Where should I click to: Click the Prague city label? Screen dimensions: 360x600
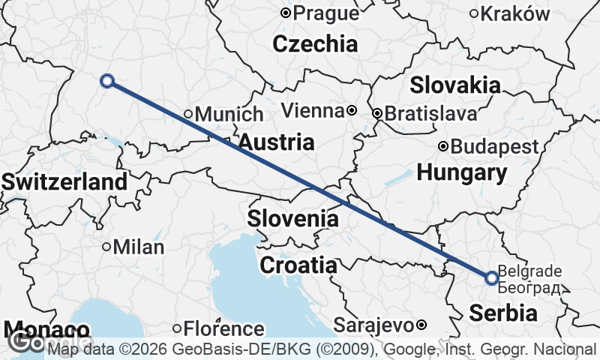pyautogui.click(x=325, y=13)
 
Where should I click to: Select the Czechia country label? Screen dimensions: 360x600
pyautogui.click(x=315, y=43)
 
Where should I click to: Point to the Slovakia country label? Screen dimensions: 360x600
pyautogui.click(x=455, y=85)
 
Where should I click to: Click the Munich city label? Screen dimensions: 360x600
pyautogui.click(x=229, y=115)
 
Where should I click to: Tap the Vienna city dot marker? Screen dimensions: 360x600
pyautogui.click(x=352, y=111)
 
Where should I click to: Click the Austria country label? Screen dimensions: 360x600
pyautogui.click(x=276, y=142)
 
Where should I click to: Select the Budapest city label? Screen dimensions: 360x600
pyautogui.click(x=495, y=146)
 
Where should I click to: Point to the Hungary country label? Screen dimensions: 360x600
pyautogui.click(x=462, y=173)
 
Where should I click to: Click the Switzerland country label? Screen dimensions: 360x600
pyautogui.click(x=64, y=181)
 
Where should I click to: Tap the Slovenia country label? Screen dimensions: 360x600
pyautogui.click(x=293, y=219)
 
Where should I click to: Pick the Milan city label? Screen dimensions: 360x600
pyautogui.click(x=139, y=247)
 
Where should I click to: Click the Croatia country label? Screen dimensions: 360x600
pyautogui.click(x=298, y=265)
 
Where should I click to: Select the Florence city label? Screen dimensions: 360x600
pyautogui.click(x=224, y=328)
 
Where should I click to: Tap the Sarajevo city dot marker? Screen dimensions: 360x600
pyautogui.click(x=421, y=325)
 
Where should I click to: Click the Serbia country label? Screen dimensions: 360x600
pyautogui.click(x=504, y=313)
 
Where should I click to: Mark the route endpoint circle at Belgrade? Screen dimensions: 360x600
pyautogui.click(x=492, y=278)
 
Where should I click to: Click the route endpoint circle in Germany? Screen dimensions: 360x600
pyautogui.click(x=107, y=81)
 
